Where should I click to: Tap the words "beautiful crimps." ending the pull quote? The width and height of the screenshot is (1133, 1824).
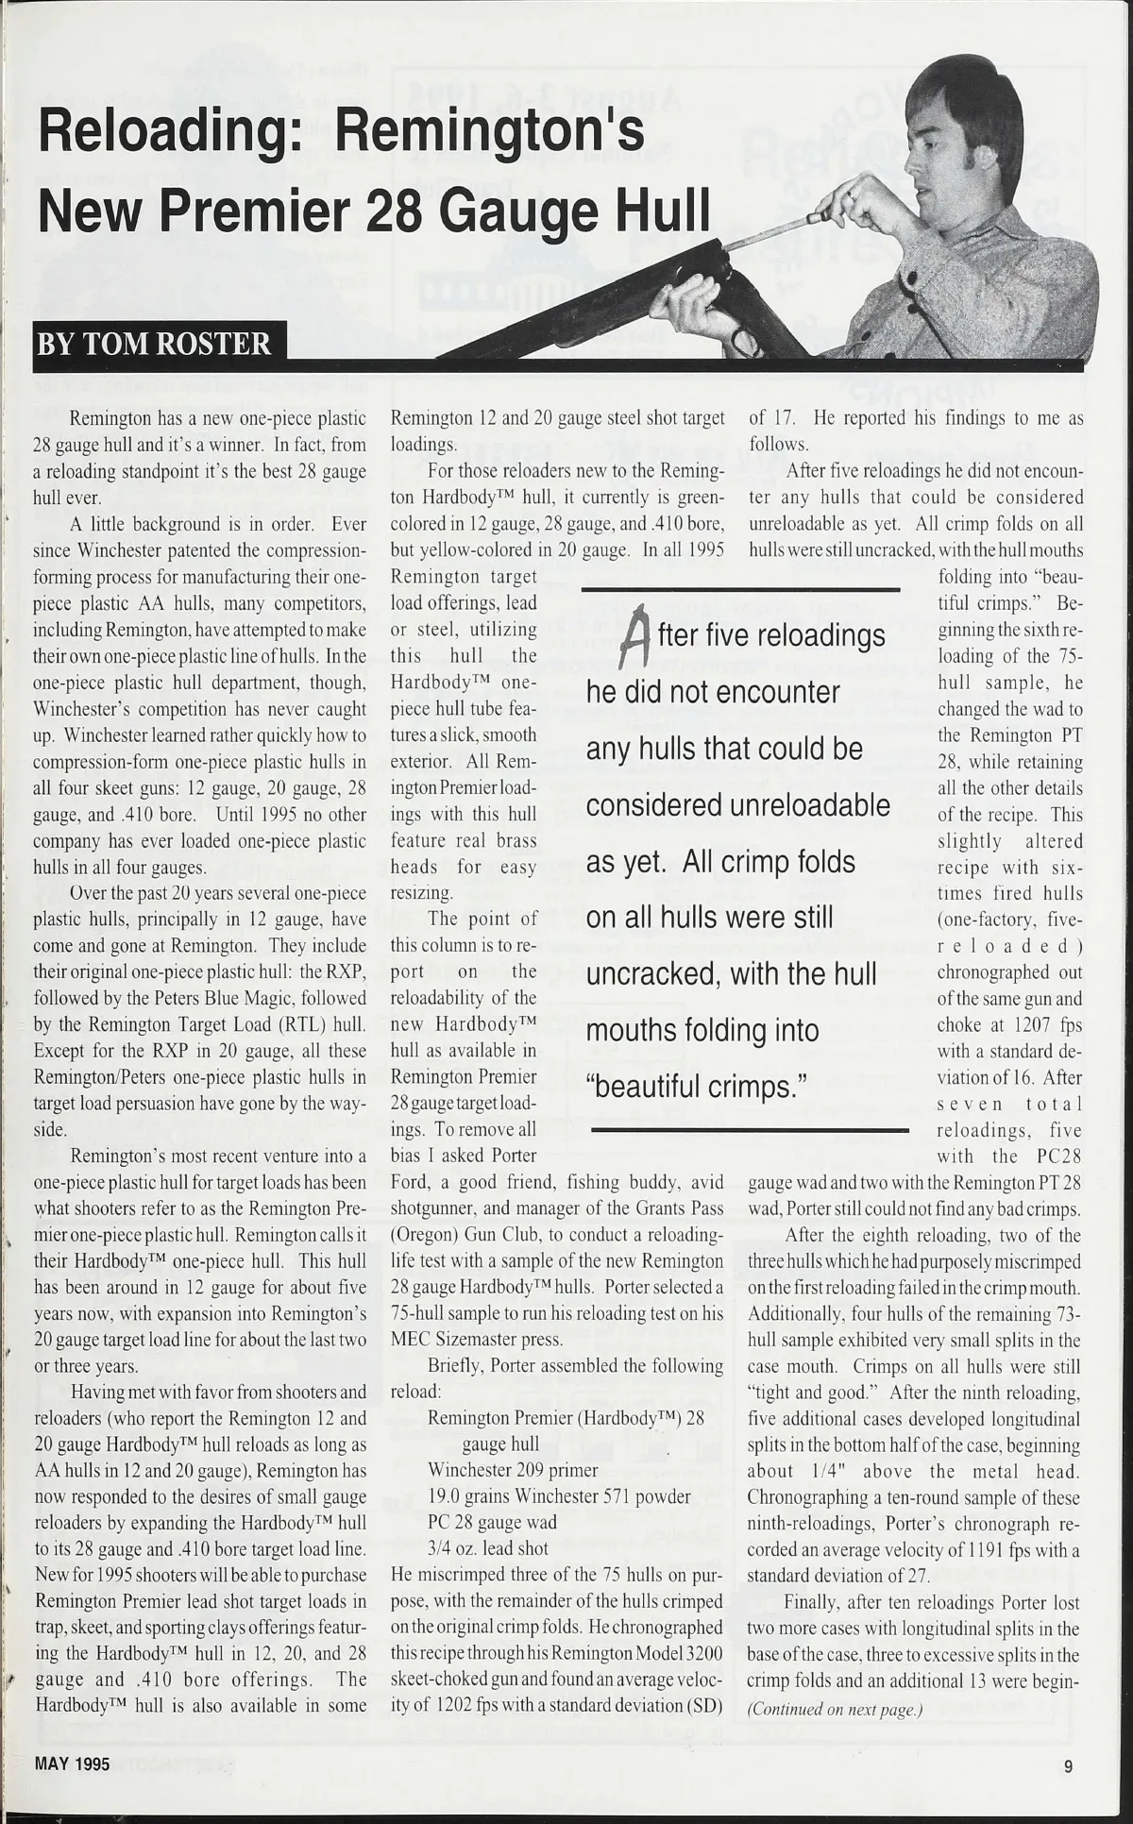(x=697, y=1087)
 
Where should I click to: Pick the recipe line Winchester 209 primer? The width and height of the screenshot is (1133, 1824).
(x=513, y=1470)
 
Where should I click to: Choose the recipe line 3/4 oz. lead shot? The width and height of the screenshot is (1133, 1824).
(x=488, y=1548)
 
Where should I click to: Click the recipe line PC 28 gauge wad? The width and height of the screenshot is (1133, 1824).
(x=492, y=1522)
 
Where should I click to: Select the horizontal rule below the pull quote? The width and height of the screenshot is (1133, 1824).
(x=749, y=1129)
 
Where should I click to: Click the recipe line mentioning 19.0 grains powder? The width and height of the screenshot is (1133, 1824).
(x=559, y=1496)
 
